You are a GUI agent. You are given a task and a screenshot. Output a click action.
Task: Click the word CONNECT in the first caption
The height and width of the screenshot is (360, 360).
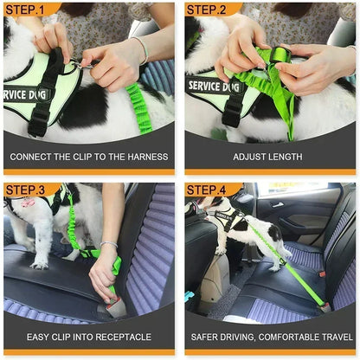tap(34, 157)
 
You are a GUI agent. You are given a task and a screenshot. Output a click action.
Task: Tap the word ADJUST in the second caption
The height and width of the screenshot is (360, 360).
tap(250, 157)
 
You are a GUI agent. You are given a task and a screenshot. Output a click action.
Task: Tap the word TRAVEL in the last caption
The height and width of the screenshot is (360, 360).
tap(337, 336)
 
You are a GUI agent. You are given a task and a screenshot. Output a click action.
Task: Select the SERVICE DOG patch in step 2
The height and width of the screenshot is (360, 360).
tap(213, 87)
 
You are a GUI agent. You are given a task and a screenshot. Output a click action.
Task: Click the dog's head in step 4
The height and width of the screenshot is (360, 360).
tap(196, 209)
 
